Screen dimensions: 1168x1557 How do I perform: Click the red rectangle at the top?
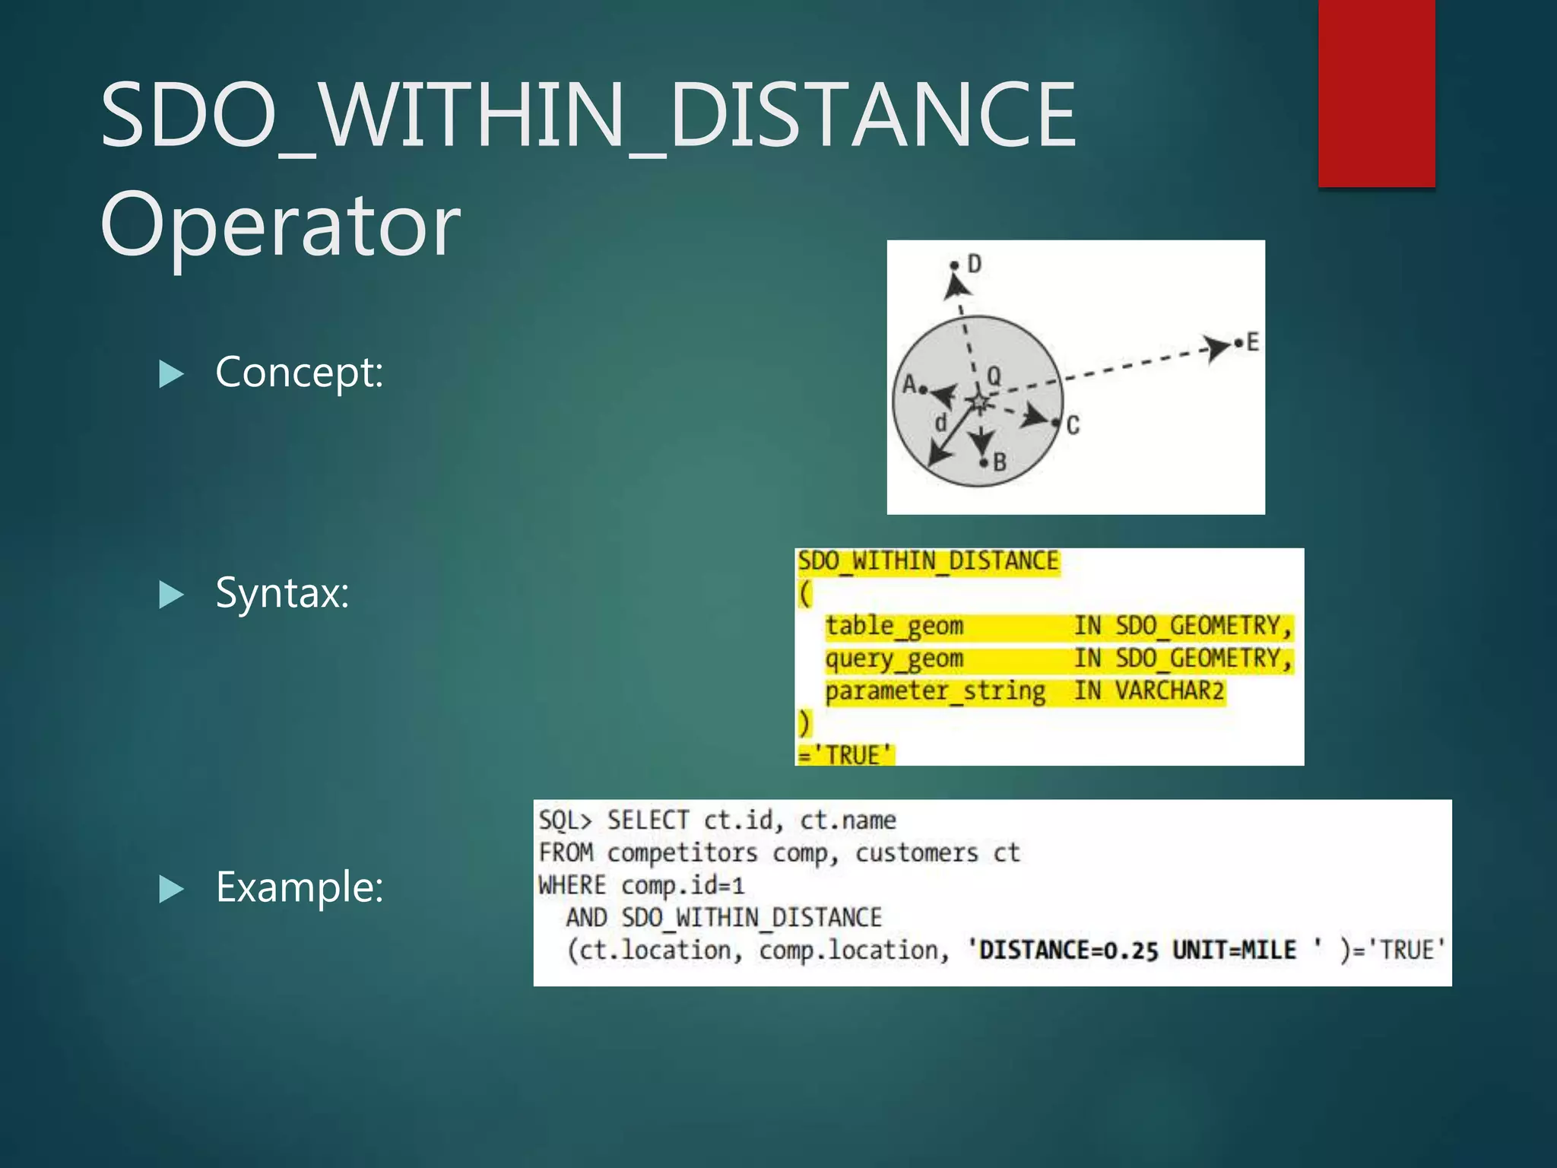pyautogui.click(x=1376, y=93)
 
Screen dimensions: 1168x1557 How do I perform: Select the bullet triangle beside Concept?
pyautogui.click(x=171, y=373)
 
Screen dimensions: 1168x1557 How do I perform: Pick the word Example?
pyautogui.click(x=299, y=887)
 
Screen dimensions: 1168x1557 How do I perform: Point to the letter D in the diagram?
pyautogui.click(x=974, y=264)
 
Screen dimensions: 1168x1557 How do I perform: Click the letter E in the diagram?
pyautogui.click(x=1252, y=342)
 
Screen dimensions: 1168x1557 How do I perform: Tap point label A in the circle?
pyautogui.click(x=909, y=384)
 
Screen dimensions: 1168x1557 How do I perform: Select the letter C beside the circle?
pyautogui.click(x=1073, y=425)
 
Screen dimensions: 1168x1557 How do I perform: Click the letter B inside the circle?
pyautogui.click(x=1000, y=462)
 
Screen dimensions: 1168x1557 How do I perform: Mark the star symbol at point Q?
pyautogui.click(x=979, y=401)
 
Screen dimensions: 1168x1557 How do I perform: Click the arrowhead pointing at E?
pyautogui.click(x=1217, y=348)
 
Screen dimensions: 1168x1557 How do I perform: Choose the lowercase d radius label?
pyautogui.click(x=941, y=422)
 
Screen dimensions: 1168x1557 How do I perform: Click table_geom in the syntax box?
pyautogui.click(x=894, y=626)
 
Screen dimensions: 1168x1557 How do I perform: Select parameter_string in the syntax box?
pyautogui.click(x=934, y=691)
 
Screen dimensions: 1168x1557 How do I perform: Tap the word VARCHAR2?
pyautogui.click(x=1169, y=691)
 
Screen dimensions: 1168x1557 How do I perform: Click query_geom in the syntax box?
pyautogui.click(x=894, y=659)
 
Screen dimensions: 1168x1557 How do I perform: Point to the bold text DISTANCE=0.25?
pyautogui.click(x=1068, y=951)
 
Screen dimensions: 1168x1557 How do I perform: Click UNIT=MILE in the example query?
pyautogui.click(x=1233, y=951)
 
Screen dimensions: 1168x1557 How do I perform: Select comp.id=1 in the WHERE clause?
pyautogui.click(x=682, y=885)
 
